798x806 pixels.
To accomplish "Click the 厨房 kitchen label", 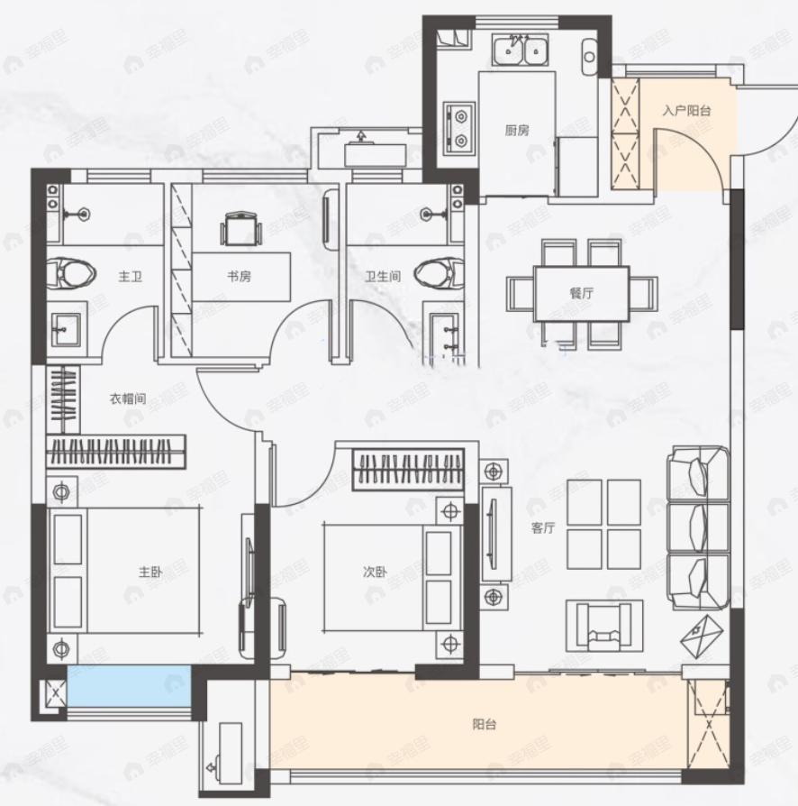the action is click(517, 131).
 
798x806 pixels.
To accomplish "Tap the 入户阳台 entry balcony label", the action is click(686, 111).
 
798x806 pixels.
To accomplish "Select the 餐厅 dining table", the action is click(581, 294).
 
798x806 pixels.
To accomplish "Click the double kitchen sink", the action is click(520, 50).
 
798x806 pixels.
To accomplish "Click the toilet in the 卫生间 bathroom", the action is click(439, 272).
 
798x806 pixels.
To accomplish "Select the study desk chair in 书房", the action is click(240, 229).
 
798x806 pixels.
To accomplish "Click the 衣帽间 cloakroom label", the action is click(128, 398).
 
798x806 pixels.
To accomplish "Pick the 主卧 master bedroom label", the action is click(150, 572).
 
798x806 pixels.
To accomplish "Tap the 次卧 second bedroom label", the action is click(375, 572).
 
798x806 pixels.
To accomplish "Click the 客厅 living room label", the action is click(543, 528).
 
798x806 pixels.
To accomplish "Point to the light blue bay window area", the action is click(129, 686).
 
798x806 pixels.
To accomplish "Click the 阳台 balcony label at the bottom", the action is click(485, 724).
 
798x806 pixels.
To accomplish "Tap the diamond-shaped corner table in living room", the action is click(702, 637).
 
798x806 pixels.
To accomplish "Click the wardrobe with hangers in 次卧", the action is click(408, 470).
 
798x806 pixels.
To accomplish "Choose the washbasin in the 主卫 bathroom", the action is click(66, 329).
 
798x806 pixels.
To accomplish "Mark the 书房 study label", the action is click(240, 277).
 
